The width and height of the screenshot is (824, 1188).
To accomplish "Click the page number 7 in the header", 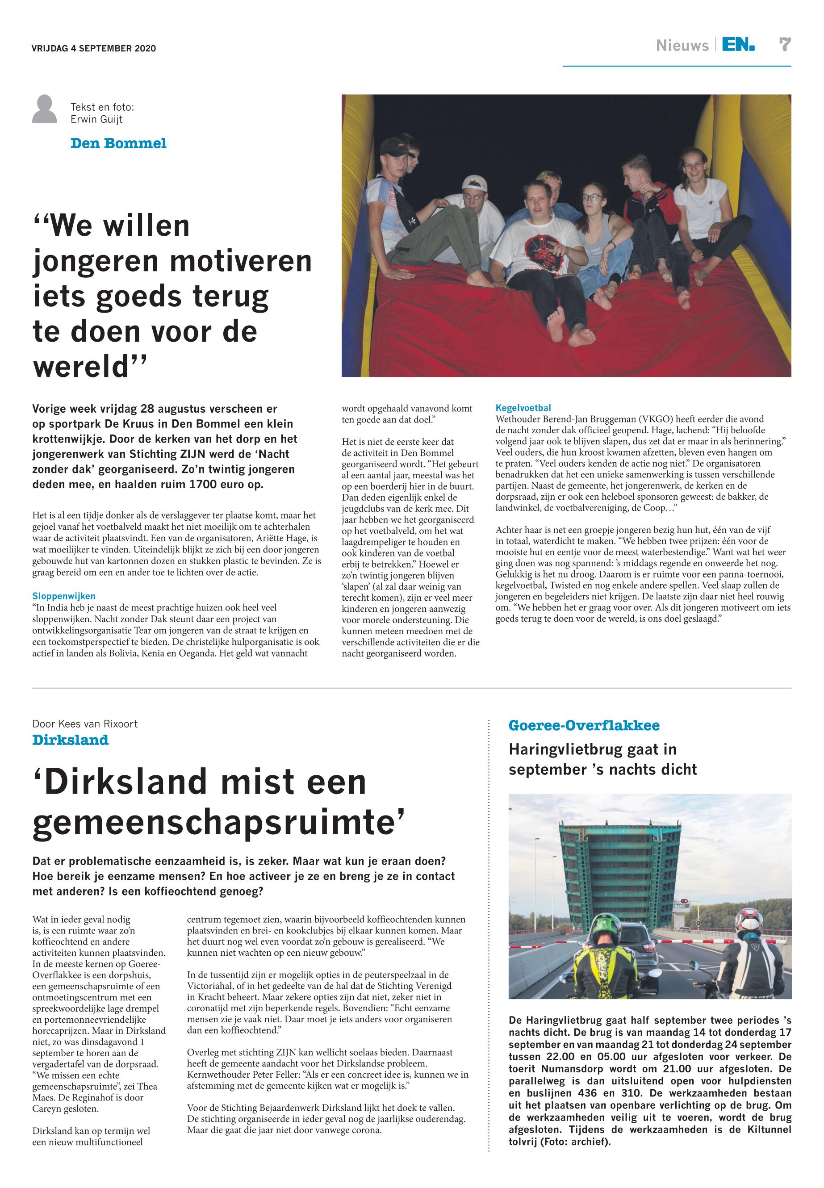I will pyautogui.click(x=785, y=45).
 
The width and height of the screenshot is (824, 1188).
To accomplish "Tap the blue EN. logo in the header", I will pyautogui.click(x=738, y=45).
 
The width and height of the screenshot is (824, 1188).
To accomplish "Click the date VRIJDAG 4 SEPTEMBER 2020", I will pyautogui.click(x=93, y=49).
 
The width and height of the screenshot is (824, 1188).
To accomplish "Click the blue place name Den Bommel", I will pyautogui.click(x=118, y=143).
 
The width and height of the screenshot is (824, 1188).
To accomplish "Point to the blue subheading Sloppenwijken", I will pyautogui.click(x=63, y=596).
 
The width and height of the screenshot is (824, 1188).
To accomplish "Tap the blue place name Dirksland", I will pyautogui.click(x=70, y=740).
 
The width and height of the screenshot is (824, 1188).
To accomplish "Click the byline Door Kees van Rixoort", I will pyautogui.click(x=85, y=724).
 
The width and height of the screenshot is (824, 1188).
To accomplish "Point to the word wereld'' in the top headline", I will pyautogui.click(x=90, y=366).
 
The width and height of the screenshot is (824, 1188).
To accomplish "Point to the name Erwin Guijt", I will pyautogui.click(x=96, y=119).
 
